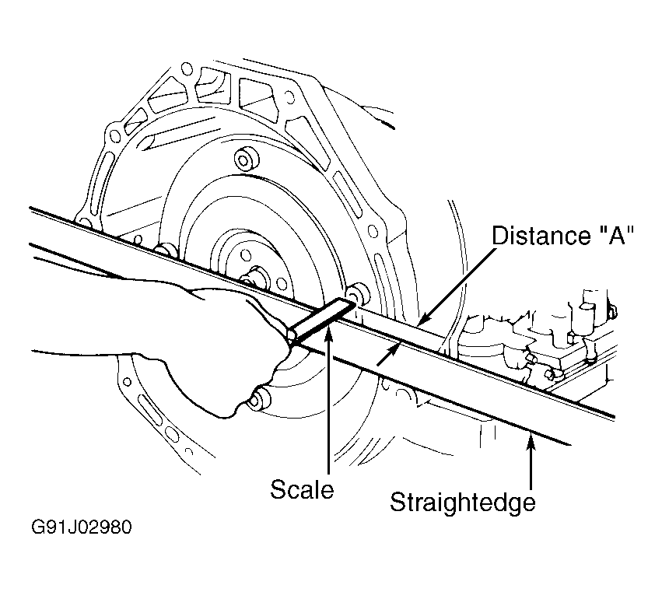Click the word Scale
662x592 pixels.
(x=302, y=489)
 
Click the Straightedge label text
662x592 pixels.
(x=463, y=503)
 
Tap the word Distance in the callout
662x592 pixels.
(x=541, y=235)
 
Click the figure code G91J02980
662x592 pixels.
(x=82, y=527)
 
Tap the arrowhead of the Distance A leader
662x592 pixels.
(x=423, y=320)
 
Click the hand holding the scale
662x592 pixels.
(x=198, y=338)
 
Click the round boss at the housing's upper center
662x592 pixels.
(x=246, y=159)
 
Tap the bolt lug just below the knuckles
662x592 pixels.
(x=258, y=399)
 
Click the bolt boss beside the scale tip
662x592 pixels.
(x=357, y=294)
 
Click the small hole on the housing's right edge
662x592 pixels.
(x=373, y=231)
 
